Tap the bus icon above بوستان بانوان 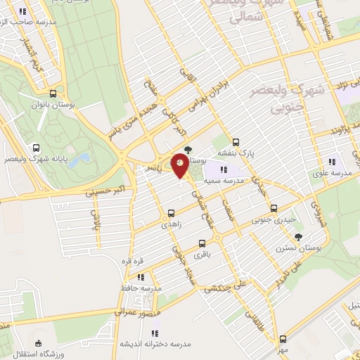[x=54, y=94]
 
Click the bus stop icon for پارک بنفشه [x=236, y=141]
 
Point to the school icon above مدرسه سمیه [x=224, y=169]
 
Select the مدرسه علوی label [x=330, y=173]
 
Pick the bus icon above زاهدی [x=171, y=212]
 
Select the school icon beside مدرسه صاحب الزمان [x=23, y=11]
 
